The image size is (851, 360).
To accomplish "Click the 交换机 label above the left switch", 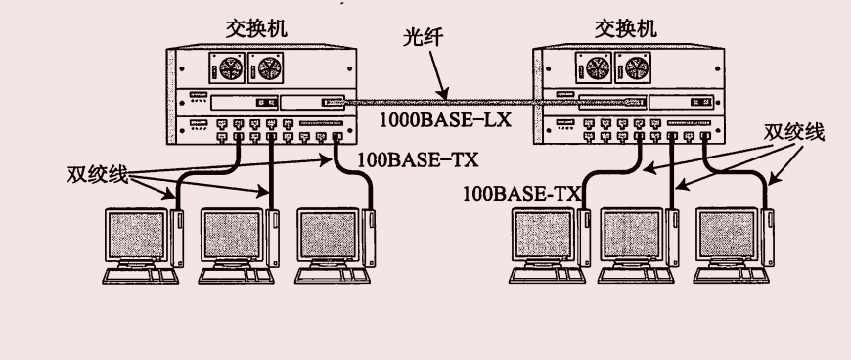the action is (256, 29).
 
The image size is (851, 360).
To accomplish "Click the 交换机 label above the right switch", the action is (626, 29).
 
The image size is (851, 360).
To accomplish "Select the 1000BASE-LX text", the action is (445, 119).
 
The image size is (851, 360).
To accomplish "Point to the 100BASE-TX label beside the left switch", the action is (418, 159).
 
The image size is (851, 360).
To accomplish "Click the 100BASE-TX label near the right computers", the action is (522, 194).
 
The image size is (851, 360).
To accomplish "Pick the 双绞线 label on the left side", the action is (98, 175).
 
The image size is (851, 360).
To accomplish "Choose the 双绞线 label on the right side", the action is (794, 132).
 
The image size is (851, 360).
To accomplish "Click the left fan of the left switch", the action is (228, 67).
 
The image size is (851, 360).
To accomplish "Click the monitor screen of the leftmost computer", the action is (136, 235).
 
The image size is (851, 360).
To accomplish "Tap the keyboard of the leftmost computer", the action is (140, 276).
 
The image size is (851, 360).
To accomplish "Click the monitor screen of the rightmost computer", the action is (727, 235).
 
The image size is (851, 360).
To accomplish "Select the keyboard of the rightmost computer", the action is (731, 276).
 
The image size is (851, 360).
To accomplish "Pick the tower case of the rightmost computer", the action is (768, 238).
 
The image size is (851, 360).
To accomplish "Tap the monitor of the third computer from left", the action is (329, 235).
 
